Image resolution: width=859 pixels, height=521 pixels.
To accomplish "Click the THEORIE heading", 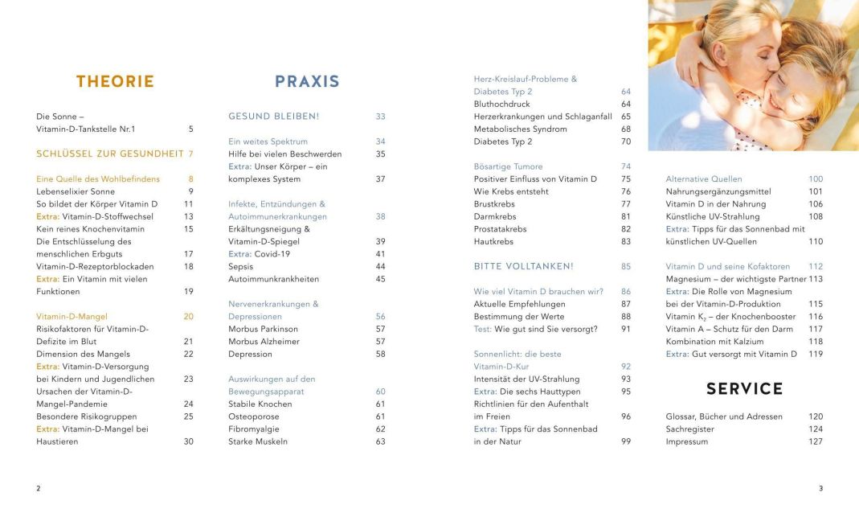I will pyautogui.click(x=115, y=81).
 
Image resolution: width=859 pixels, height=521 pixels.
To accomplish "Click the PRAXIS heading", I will pyautogui.click(x=307, y=81).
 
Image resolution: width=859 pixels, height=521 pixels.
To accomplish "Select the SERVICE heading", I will pyautogui.click(x=744, y=389).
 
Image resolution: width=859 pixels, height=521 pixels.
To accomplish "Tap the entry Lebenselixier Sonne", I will pyautogui.click(x=76, y=192).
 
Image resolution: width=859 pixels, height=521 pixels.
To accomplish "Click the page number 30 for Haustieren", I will pyautogui.click(x=188, y=441).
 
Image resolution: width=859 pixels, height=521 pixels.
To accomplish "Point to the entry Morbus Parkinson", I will pyautogui.click(x=263, y=329).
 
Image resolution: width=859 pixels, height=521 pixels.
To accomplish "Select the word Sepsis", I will pyautogui.click(x=240, y=266).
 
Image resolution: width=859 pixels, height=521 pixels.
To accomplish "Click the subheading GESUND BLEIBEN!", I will pyautogui.click(x=274, y=117).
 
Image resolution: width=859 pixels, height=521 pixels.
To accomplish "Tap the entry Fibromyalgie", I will pyautogui.click(x=254, y=429).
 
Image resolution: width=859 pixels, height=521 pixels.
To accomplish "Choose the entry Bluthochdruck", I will pyautogui.click(x=502, y=104).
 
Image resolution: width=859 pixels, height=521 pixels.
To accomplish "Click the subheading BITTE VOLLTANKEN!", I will pyautogui.click(x=523, y=266).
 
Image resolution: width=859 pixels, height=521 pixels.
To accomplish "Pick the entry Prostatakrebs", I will pyautogui.click(x=500, y=229).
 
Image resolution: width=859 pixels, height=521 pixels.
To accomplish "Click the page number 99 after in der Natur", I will pyautogui.click(x=625, y=441).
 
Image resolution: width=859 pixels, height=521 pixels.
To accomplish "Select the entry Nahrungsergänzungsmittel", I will pyautogui.click(x=718, y=192).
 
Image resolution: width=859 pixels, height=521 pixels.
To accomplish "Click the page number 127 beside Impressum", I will pyautogui.click(x=816, y=441).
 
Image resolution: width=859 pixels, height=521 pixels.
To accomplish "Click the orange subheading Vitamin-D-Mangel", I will pyautogui.click(x=72, y=317).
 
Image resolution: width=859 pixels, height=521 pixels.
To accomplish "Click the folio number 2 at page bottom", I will pyautogui.click(x=39, y=488).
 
